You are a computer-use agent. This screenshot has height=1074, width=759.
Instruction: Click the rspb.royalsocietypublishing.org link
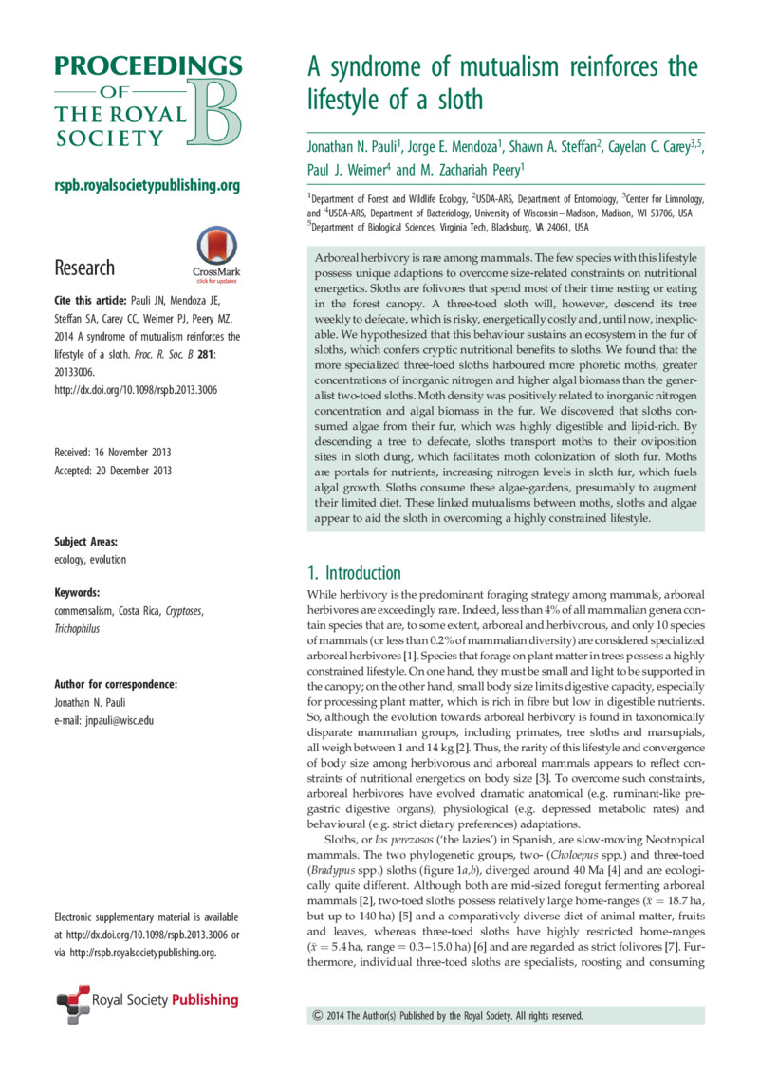[x=146, y=184]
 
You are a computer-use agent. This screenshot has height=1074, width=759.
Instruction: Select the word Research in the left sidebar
[x=84, y=268]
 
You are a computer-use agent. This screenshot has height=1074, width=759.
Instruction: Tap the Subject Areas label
[x=86, y=541]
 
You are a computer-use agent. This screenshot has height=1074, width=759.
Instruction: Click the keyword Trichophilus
[x=79, y=628]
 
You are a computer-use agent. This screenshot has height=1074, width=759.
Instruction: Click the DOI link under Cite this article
[x=129, y=385]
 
